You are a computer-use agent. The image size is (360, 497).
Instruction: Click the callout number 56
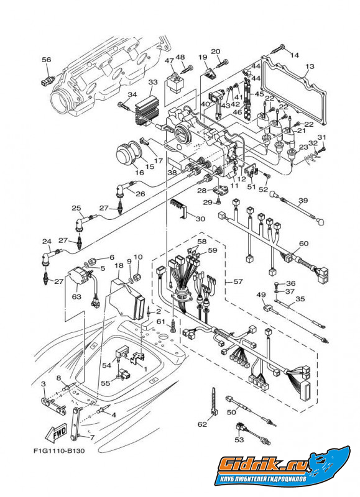[x=47, y=60]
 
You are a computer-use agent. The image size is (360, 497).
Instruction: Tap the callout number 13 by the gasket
[x=310, y=66]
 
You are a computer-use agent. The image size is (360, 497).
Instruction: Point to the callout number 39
[x=303, y=200]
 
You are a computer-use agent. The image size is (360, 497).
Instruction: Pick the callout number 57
[x=238, y=281]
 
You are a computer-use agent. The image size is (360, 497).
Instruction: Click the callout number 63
[x=76, y=297]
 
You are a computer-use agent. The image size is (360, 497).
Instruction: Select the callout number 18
[x=118, y=266]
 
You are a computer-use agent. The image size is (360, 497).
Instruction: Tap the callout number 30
[x=200, y=218]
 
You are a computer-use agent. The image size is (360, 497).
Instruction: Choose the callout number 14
[x=295, y=55]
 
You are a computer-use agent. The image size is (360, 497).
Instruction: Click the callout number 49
[x=262, y=296]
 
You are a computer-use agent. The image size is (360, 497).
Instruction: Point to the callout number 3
[x=43, y=385]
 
